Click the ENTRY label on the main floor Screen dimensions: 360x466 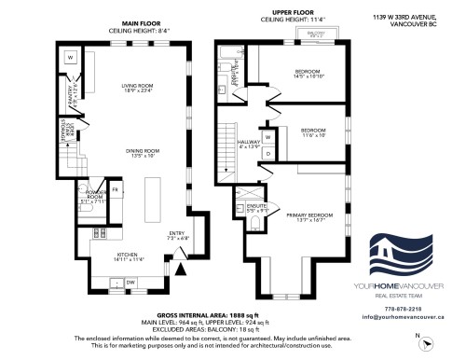point(177,234)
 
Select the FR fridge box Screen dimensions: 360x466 point(115,191)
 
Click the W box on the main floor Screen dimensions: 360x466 point(71,58)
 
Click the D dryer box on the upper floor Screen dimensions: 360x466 point(268,151)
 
